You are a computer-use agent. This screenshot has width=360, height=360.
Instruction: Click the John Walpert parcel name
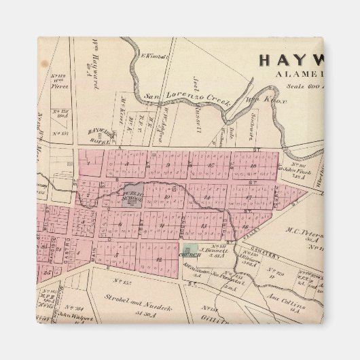tap(70, 315)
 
